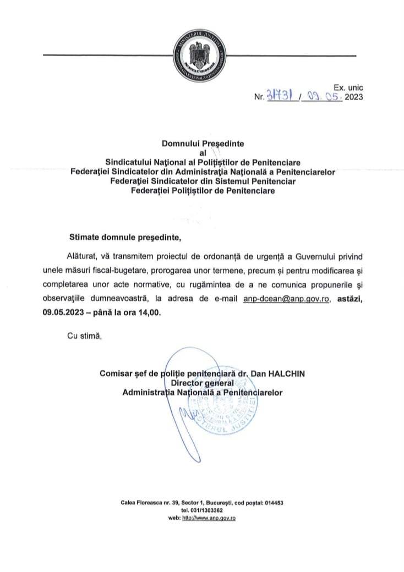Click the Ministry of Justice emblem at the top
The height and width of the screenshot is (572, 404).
(x=201, y=56)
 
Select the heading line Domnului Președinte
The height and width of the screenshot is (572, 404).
(x=202, y=144)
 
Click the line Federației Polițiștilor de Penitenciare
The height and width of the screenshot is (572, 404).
(x=202, y=190)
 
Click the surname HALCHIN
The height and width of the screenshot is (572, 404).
(x=286, y=373)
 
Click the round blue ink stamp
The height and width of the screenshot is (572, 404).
(x=222, y=413)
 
